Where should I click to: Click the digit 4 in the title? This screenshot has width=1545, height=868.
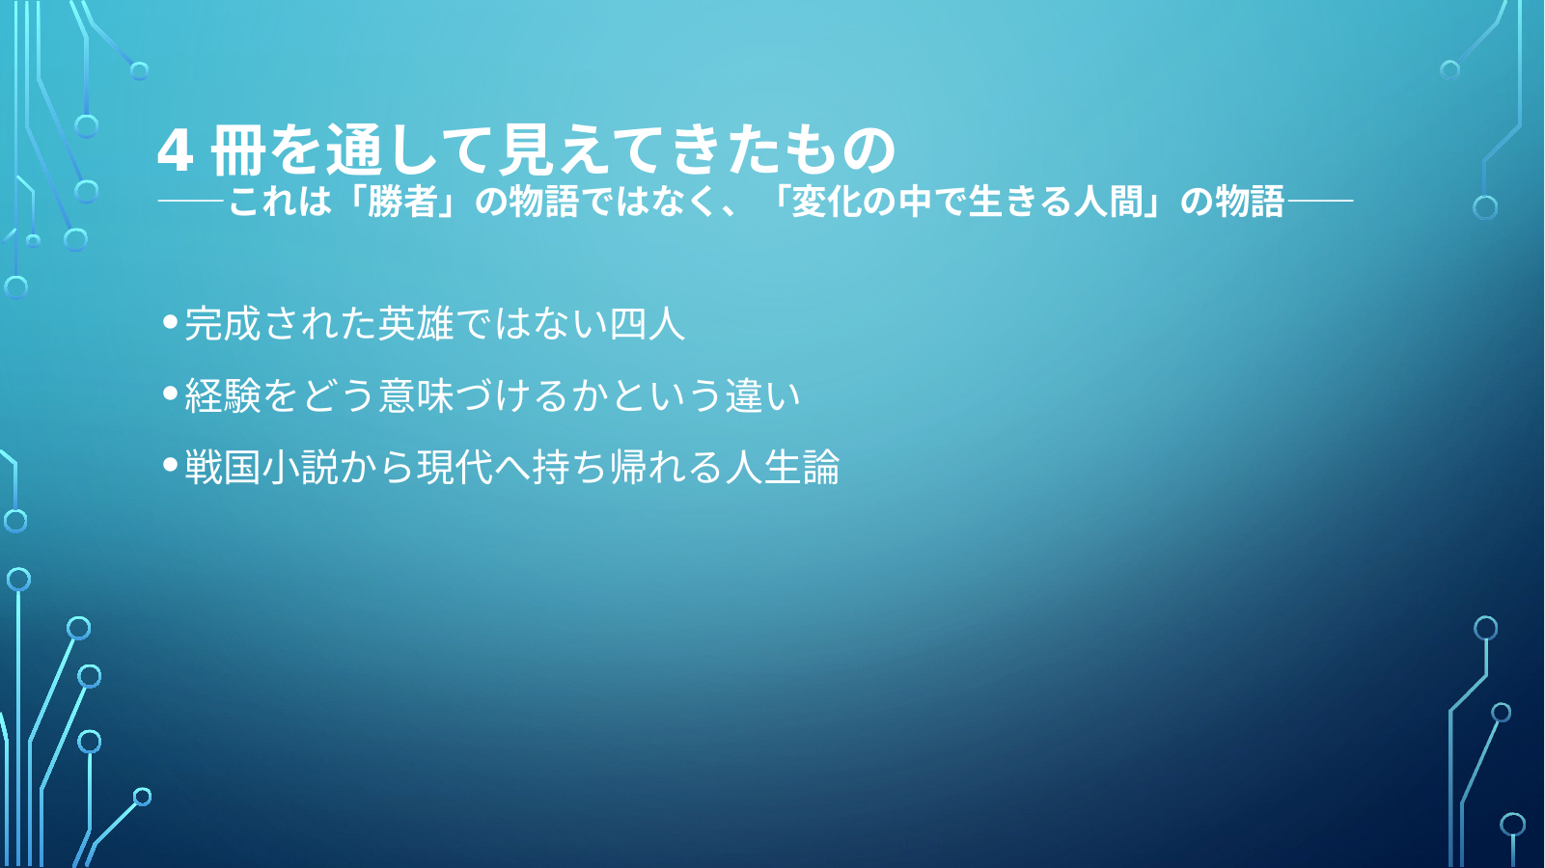click(x=175, y=151)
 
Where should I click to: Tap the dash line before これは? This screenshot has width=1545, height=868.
click(x=191, y=202)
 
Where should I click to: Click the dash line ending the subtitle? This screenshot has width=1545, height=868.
click(x=1320, y=202)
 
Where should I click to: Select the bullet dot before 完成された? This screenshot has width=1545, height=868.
click(x=171, y=321)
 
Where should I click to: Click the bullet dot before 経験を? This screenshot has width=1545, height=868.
click(x=171, y=393)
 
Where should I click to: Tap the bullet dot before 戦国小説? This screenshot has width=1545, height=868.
click(x=171, y=466)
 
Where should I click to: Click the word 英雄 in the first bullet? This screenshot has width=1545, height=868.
click(x=416, y=323)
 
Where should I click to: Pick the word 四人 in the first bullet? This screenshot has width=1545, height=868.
click(x=648, y=323)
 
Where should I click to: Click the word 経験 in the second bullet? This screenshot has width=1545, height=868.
click(x=223, y=395)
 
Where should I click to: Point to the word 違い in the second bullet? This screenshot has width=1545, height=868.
click(x=762, y=395)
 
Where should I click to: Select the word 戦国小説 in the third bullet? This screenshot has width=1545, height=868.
click(x=262, y=467)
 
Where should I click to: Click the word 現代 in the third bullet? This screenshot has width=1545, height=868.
click(x=455, y=467)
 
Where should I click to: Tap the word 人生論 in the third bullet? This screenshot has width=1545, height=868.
click(x=783, y=467)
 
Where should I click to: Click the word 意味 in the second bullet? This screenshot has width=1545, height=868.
click(x=416, y=395)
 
